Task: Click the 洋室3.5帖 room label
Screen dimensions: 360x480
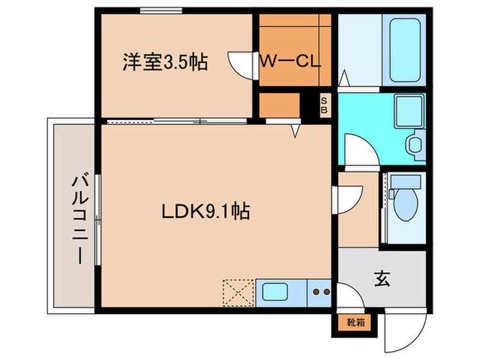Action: pyautogui.click(x=165, y=62)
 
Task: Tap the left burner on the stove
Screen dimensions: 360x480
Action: pyautogui.click(x=317, y=291)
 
